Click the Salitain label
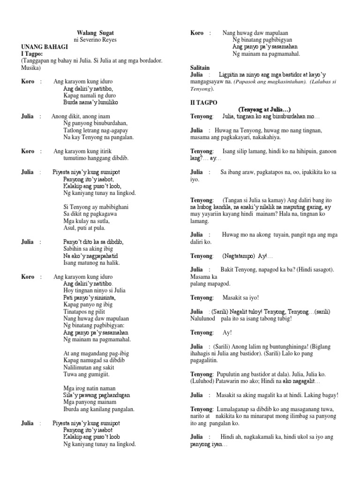pyautogui.click(x=200, y=68)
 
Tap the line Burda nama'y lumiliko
pyautogui.click(x=91, y=102)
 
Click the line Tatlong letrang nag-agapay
pyautogui.click(x=95, y=130)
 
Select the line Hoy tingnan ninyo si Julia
pyautogui.click(x=94, y=291)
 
